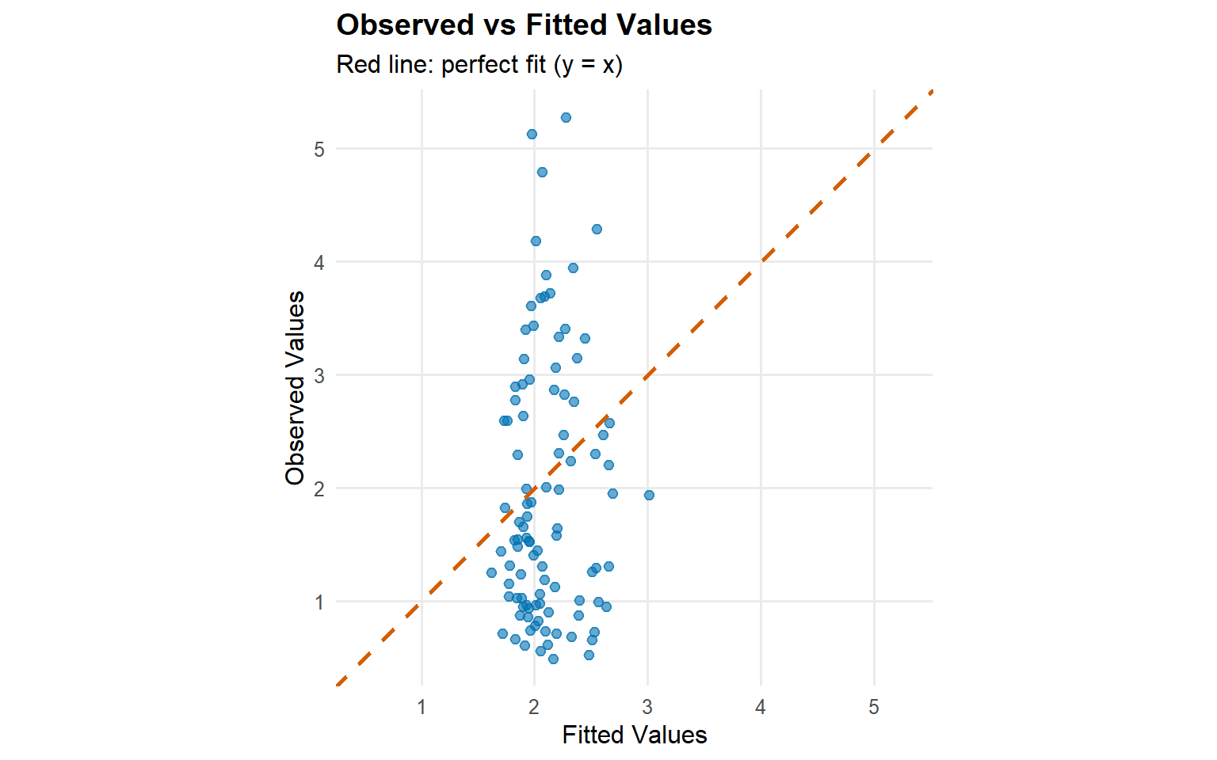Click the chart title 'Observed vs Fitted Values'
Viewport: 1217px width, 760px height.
tap(524, 25)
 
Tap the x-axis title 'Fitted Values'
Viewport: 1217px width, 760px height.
tap(634, 735)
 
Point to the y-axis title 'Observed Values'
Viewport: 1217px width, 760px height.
tap(296, 387)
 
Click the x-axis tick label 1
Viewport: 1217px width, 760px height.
tap(422, 707)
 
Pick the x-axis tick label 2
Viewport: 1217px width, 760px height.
tap(534, 707)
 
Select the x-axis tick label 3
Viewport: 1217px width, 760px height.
tap(647, 707)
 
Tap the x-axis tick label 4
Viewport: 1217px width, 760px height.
tap(761, 707)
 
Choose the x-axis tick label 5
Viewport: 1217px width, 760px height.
tap(874, 707)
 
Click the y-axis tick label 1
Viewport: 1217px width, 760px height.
tap(319, 602)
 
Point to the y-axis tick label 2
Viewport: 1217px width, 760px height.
tap(319, 488)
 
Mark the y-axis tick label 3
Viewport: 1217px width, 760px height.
tap(319, 375)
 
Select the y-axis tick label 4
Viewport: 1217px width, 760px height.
tap(319, 262)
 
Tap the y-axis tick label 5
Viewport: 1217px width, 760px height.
tap(319, 149)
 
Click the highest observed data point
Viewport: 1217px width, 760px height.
tap(566, 117)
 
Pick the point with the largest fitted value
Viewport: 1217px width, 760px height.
tap(649, 495)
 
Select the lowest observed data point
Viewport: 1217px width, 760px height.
tap(553, 659)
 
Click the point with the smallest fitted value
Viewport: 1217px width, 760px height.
tap(491, 572)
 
